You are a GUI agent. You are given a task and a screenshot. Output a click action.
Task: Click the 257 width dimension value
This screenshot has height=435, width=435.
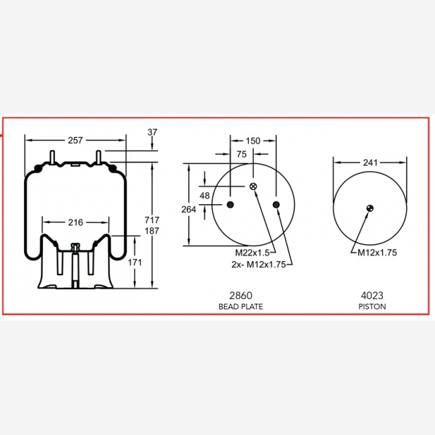tap(75, 141)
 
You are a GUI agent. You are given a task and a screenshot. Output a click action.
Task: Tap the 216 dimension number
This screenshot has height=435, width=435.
tap(76, 222)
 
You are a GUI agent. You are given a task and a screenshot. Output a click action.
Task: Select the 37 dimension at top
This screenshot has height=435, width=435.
tap(153, 132)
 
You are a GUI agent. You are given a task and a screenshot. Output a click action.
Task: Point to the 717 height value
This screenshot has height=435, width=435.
tap(152, 220)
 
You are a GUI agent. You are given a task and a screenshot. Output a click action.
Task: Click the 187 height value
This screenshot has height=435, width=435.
tap(152, 231)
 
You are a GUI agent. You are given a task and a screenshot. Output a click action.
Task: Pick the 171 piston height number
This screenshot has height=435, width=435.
tap(135, 262)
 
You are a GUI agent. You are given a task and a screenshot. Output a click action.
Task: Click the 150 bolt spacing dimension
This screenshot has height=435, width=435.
tap(253, 141)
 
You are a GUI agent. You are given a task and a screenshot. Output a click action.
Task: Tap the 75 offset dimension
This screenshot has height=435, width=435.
tap(242, 154)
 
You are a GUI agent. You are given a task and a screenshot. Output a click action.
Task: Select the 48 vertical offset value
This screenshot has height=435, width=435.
tap(205, 195)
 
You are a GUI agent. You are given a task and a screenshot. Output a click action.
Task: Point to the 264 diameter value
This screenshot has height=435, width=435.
tap(189, 209)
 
